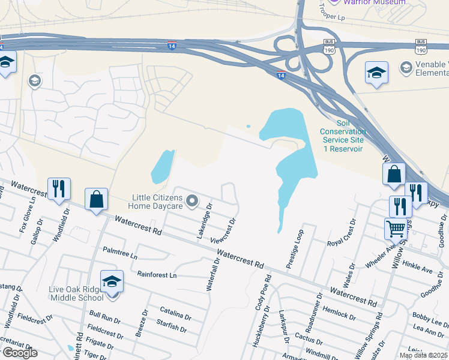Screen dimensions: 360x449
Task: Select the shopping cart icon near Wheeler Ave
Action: click(x=396, y=229)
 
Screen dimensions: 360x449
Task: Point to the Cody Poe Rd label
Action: click(x=262, y=293)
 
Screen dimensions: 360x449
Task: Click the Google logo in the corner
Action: click(x=20, y=353)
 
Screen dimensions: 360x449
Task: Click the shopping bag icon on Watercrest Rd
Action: click(x=96, y=199)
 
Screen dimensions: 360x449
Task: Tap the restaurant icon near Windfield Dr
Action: click(x=59, y=189)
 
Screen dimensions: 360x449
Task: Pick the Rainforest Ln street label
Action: click(x=157, y=275)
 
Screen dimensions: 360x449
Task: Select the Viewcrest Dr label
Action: click(x=223, y=229)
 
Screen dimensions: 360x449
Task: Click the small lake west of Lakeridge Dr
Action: click(x=161, y=167)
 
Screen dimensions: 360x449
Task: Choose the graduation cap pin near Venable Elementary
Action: click(x=376, y=73)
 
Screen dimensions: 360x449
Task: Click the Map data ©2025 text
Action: click(x=423, y=355)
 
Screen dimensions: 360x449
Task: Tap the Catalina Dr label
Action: click(x=175, y=314)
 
